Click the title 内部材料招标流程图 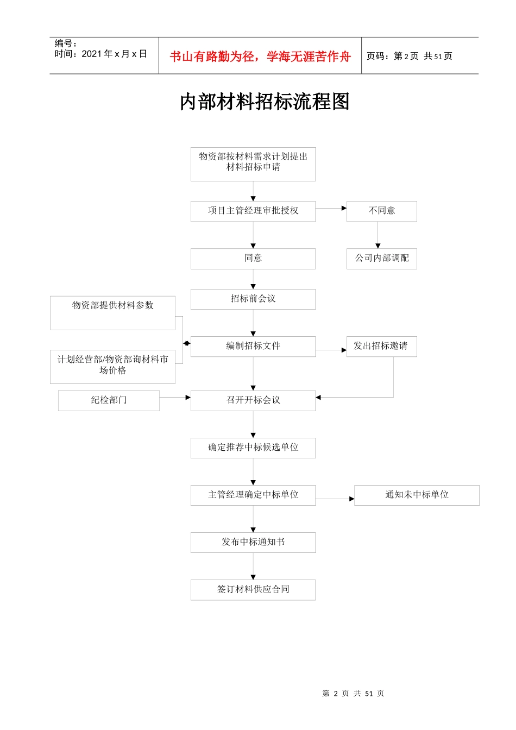(x=265, y=102)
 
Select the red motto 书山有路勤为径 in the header (x=260, y=56)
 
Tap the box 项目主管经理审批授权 (x=253, y=211)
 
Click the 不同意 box (x=382, y=211)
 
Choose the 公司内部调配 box (x=382, y=259)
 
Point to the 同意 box (x=253, y=259)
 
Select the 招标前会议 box (x=253, y=299)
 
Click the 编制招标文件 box (x=253, y=347)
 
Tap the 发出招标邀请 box (x=381, y=347)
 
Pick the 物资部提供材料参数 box (x=112, y=313)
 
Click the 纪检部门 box (x=109, y=401)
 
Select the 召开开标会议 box (x=253, y=401)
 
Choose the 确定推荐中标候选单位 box (x=253, y=448)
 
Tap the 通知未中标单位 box (x=417, y=495)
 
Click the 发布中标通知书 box (x=253, y=543)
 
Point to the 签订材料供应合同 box (x=253, y=590)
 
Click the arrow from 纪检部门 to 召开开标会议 (x=175, y=398)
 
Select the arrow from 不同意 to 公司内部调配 (x=378, y=235)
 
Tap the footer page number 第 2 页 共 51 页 (x=353, y=694)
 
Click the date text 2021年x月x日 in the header (x=114, y=54)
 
